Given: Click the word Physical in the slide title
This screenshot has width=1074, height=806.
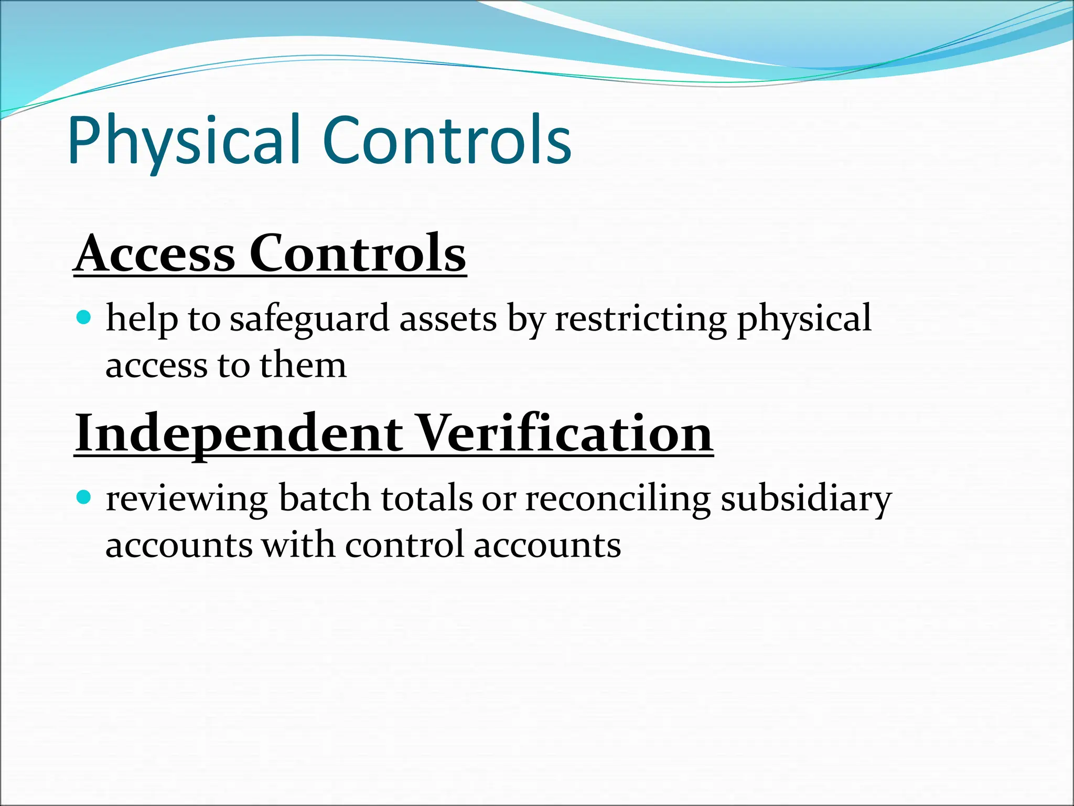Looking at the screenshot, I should click(x=184, y=141).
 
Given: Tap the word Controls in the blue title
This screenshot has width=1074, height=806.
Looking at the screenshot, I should click(x=447, y=141).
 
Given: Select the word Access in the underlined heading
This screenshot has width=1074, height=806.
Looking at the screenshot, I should click(x=155, y=254).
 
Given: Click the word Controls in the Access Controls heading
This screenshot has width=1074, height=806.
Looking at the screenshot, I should click(x=357, y=254).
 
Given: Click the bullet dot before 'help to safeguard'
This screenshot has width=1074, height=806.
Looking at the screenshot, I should click(x=83, y=317).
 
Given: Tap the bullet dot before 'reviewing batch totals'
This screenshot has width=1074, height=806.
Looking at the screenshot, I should click(x=83, y=496).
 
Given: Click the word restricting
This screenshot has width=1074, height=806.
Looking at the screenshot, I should click(x=641, y=319).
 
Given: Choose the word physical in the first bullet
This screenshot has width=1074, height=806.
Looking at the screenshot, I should click(x=804, y=319).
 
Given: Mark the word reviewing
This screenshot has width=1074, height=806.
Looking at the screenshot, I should click(x=187, y=499).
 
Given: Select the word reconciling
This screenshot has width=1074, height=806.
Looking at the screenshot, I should click(x=618, y=499).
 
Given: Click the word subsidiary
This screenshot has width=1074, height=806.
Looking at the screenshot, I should click(x=806, y=499).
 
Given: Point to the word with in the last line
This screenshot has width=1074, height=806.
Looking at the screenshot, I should click(x=298, y=545).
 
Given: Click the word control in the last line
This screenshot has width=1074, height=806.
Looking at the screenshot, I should click(x=404, y=545).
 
